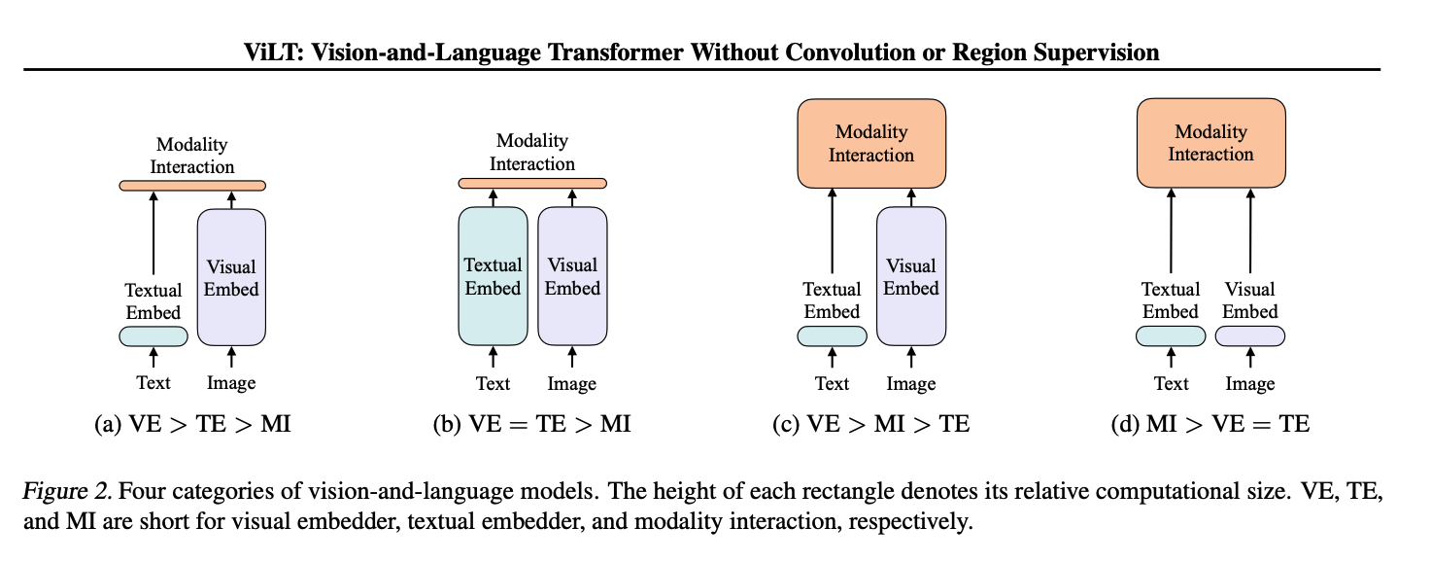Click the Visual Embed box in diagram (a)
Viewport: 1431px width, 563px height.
231,277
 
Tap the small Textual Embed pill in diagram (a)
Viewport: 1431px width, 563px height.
153,336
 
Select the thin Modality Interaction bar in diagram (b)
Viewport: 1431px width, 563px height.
532,183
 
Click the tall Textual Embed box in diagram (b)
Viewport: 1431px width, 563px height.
493,276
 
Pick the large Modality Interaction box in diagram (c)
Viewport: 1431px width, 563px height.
871,144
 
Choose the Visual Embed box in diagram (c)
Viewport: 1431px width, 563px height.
911,277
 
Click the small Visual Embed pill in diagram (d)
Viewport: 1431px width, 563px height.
1250,336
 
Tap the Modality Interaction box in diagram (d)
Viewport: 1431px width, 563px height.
1210,144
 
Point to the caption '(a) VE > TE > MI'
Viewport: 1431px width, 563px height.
192,424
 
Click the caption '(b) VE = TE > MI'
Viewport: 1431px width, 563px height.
532,424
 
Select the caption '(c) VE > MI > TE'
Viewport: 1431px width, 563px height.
871,424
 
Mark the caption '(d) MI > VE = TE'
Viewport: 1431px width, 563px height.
1211,424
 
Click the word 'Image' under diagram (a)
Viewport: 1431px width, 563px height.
231,383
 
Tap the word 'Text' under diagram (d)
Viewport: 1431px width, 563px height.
1172,383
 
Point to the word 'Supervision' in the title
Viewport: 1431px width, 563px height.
1100,53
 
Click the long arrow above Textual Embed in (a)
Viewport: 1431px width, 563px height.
153,233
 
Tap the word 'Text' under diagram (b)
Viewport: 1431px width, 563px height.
493,383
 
